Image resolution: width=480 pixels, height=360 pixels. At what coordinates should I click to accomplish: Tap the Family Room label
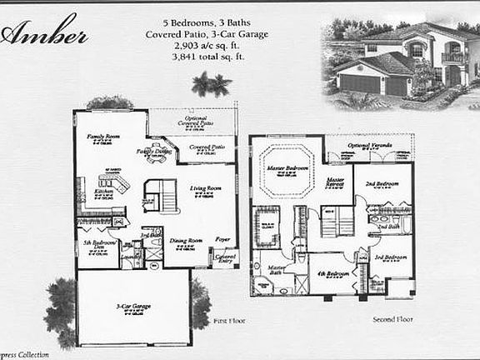click(104, 135)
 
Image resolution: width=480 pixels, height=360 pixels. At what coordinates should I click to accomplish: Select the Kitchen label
click(103, 192)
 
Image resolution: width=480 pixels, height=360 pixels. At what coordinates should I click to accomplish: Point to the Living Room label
click(204, 188)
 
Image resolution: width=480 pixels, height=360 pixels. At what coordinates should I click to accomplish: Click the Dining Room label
click(186, 242)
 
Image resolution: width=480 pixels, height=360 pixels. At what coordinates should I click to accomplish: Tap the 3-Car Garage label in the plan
click(132, 306)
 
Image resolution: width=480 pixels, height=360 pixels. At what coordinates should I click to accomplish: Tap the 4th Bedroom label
click(332, 274)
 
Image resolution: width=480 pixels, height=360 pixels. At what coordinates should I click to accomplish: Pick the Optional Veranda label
click(368, 146)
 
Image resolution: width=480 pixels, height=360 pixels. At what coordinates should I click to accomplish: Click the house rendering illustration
click(394, 58)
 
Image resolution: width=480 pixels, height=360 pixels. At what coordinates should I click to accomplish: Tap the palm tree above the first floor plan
click(210, 83)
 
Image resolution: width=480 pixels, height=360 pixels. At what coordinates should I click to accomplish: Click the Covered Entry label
click(226, 258)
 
